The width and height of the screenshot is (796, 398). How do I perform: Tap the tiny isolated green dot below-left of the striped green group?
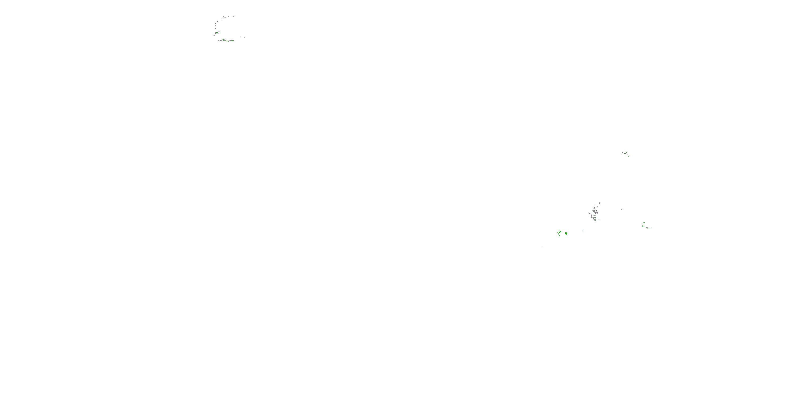pyautogui.click(x=542, y=248)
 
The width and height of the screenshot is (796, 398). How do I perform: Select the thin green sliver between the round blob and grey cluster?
pyautogui.click(x=582, y=231)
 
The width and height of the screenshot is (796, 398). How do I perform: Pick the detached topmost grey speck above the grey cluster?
pyautogui.click(x=599, y=203)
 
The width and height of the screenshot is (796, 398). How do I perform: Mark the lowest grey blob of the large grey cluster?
pyautogui.click(x=595, y=220)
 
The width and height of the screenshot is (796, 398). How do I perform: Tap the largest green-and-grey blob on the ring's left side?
pyautogui.click(x=217, y=32)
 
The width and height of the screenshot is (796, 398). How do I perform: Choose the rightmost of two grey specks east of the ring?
pyautogui.click(x=245, y=37)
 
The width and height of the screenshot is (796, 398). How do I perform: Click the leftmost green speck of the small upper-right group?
pyautogui.click(x=622, y=152)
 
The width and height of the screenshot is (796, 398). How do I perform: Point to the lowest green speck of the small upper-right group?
pyautogui.click(x=628, y=156)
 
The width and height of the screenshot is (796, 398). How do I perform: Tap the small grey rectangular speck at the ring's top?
pyautogui.click(x=224, y=17)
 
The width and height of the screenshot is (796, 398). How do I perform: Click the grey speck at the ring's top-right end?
pyautogui.click(x=233, y=16)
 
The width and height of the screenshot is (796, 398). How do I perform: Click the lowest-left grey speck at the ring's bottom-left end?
pyautogui.click(x=214, y=36)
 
